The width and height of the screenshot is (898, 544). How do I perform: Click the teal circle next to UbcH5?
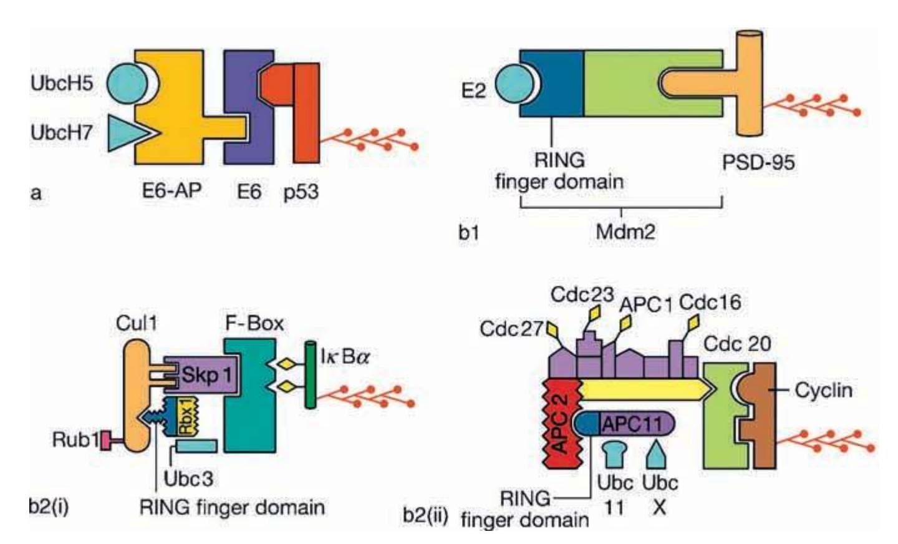127,83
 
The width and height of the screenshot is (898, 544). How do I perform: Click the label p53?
301,191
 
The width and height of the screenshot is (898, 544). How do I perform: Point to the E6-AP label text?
171,190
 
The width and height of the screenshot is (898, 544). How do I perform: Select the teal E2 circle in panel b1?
514,85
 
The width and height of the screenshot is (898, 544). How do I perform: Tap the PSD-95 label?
758,163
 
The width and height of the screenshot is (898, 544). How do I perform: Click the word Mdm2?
625,231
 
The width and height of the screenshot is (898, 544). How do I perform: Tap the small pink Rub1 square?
105,440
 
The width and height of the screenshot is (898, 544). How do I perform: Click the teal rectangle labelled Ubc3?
196,446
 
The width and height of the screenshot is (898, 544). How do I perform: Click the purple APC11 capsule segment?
636,424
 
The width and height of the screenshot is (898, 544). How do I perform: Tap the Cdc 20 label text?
737,344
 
